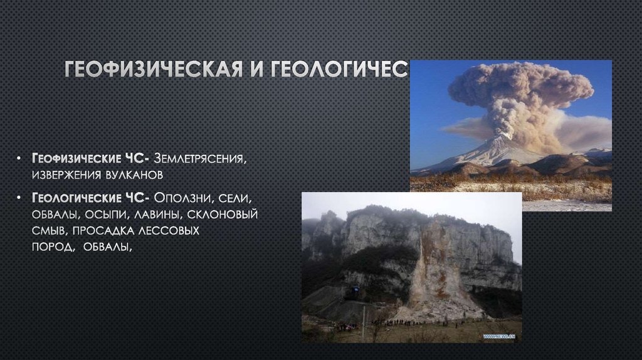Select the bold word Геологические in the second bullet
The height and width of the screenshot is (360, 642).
[x=70, y=199]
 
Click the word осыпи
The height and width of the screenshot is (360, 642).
[x=102, y=215]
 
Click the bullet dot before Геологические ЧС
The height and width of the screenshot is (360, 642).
[x=21, y=199]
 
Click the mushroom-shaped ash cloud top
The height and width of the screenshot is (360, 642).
[x=520, y=85]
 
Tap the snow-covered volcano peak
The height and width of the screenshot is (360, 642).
[x=495, y=149]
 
